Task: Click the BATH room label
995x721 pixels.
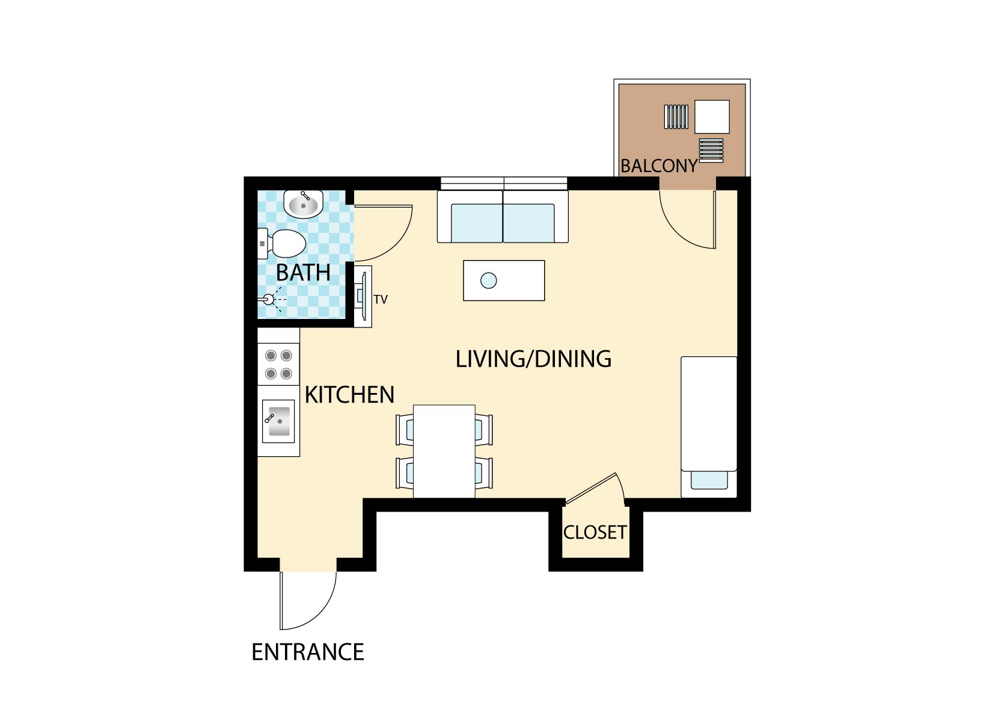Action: pyautogui.click(x=303, y=272)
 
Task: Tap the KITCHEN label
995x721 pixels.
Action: pyautogui.click(x=349, y=395)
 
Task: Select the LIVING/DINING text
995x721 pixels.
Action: pyautogui.click(x=533, y=359)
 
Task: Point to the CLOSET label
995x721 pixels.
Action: pyautogui.click(x=595, y=532)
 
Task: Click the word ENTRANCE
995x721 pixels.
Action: pyautogui.click(x=308, y=652)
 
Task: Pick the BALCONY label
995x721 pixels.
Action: pyautogui.click(x=659, y=166)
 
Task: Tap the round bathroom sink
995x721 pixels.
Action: pyautogui.click(x=304, y=204)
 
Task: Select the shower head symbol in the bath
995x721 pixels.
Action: pyautogui.click(x=269, y=299)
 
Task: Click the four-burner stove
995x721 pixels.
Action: pyautogui.click(x=278, y=364)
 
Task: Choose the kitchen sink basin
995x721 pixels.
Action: pyautogui.click(x=278, y=421)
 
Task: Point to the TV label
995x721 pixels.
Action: pyautogui.click(x=381, y=299)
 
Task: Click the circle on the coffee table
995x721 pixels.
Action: pyautogui.click(x=489, y=280)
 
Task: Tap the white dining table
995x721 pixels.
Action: pyautogui.click(x=444, y=451)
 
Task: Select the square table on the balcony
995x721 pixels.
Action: pyautogui.click(x=712, y=117)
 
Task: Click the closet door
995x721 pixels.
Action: pyautogui.click(x=591, y=488)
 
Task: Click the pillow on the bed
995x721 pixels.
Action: pyautogui.click(x=709, y=480)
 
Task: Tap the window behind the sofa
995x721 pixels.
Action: pyautogui.click(x=504, y=183)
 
